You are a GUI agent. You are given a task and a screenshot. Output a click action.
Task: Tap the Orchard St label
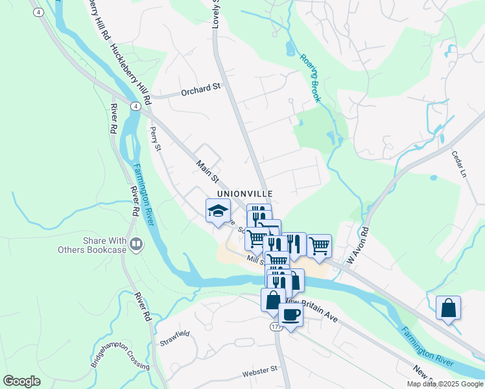coord(201,91)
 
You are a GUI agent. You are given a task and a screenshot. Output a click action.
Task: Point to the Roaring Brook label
coord(311,77)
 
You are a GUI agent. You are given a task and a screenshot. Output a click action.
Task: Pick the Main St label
coord(208,172)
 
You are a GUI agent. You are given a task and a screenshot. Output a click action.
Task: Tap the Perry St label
coord(154,138)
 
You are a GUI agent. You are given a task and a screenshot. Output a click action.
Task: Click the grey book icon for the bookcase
coord(136,244)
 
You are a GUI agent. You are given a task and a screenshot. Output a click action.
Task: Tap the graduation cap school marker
coord(218,211)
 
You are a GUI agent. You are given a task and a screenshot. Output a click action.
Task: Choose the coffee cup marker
coord(291,314)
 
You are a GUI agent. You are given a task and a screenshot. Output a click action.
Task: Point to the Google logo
coord(22,381)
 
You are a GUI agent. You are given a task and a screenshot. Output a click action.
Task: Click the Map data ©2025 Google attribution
coord(444,384)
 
